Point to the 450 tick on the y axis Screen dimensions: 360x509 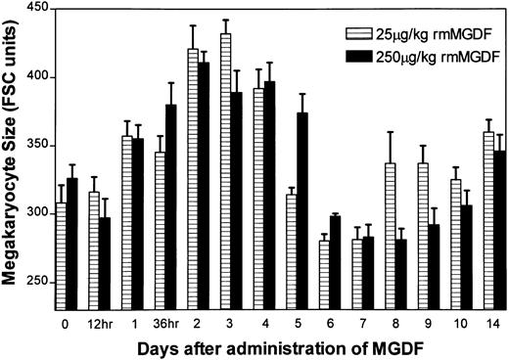click(61, 9)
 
